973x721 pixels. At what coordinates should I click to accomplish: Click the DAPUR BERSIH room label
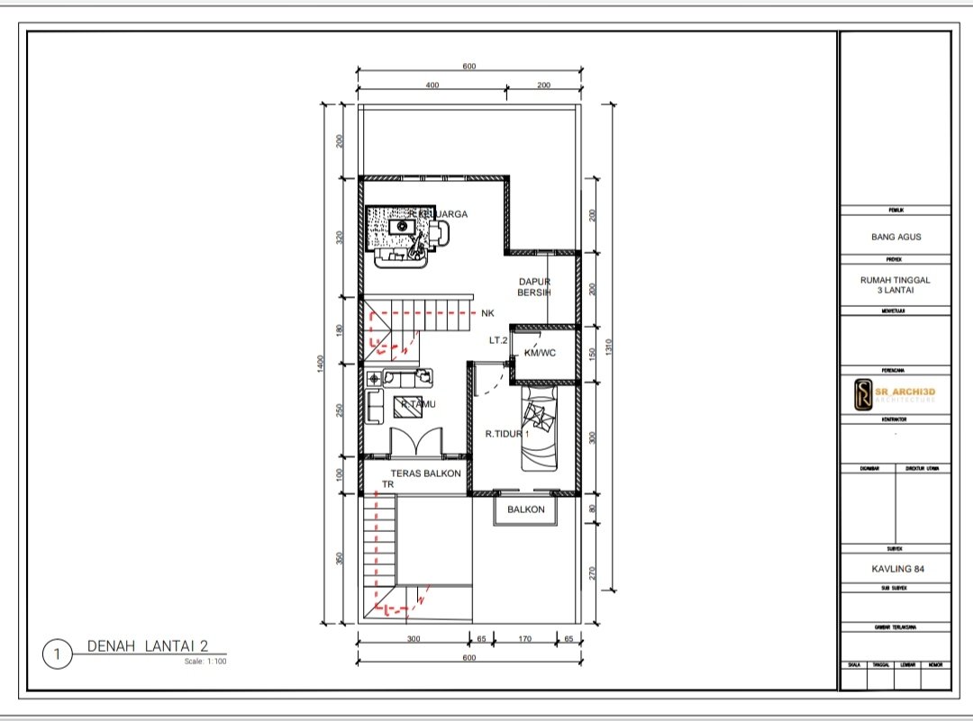(534, 287)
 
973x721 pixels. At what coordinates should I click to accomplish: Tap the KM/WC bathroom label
(540, 354)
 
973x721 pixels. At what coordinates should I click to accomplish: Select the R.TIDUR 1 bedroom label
(507, 434)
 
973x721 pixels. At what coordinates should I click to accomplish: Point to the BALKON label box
(525, 509)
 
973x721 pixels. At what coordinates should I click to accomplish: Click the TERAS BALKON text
(425, 473)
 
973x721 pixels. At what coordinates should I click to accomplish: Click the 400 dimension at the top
(432, 85)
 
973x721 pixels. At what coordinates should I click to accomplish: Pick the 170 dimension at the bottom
(523, 639)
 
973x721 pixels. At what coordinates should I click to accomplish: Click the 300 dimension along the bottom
(414, 639)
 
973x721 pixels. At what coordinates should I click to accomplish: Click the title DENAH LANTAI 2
(148, 645)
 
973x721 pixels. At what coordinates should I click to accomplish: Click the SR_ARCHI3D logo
(895, 393)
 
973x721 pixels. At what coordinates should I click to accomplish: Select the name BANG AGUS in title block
(896, 238)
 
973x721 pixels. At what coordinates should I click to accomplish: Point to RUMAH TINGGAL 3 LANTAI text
(896, 284)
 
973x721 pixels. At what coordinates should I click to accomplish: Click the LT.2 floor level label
(498, 340)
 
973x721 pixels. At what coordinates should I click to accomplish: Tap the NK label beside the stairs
(488, 313)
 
